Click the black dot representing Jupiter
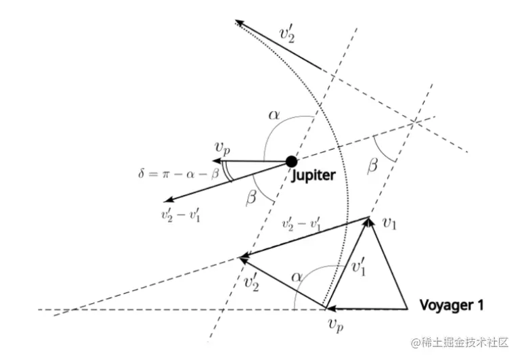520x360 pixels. click(291, 161)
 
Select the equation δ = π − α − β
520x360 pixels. click(178, 175)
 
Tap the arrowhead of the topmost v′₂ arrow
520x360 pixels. click(239, 24)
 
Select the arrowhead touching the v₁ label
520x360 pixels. click(369, 221)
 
